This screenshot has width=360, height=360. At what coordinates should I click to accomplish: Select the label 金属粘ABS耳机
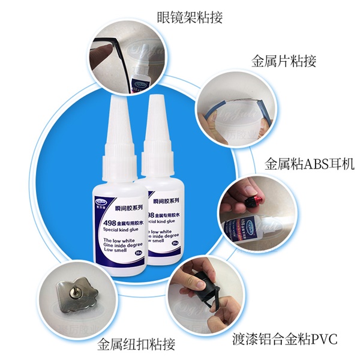click(x=310, y=163)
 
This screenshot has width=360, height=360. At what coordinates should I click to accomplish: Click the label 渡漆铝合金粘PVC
click(x=286, y=340)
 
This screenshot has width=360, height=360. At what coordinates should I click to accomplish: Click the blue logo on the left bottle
click(x=103, y=205)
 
